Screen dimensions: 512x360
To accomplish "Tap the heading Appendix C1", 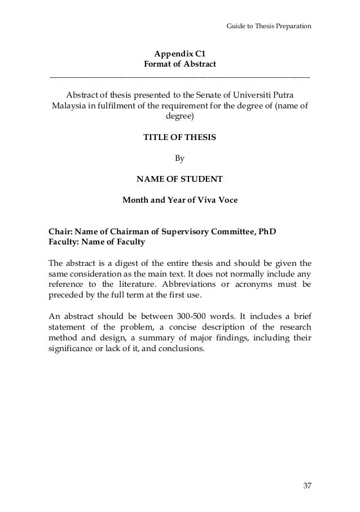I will (180, 54).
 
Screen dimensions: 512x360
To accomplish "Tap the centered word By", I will (180, 159).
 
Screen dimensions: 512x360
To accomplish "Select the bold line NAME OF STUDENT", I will (180, 180).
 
